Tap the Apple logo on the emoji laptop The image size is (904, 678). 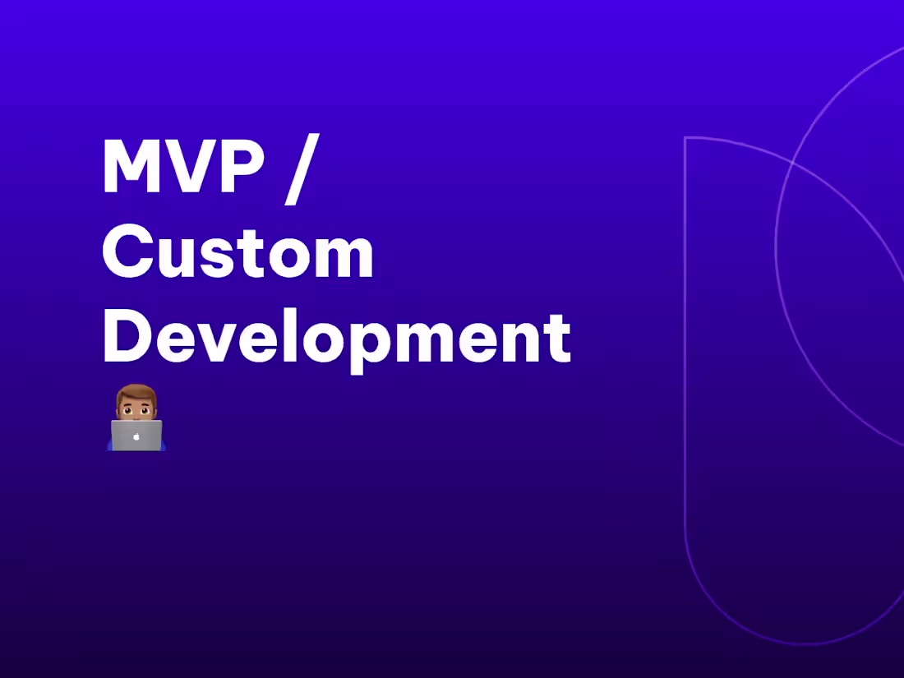click(x=136, y=436)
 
